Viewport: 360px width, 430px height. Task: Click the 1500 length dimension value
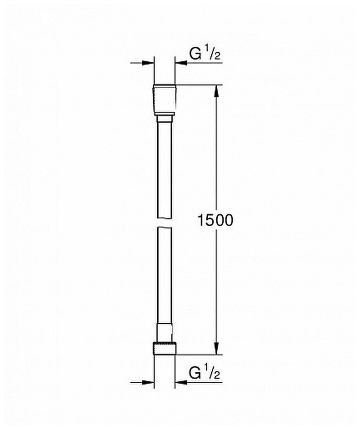tap(215, 220)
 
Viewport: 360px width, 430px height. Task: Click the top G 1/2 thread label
tap(205, 54)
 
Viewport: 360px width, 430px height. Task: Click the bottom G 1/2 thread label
tap(205, 373)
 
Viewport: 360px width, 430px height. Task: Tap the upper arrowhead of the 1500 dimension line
tap(216, 91)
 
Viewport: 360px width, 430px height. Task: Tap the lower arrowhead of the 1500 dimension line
tap(216, 348)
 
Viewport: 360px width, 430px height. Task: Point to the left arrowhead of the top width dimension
tap(148, 63)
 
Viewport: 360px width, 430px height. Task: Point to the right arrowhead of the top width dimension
tap(181, 63)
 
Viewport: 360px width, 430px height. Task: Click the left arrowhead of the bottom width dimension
tap(148, 382)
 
